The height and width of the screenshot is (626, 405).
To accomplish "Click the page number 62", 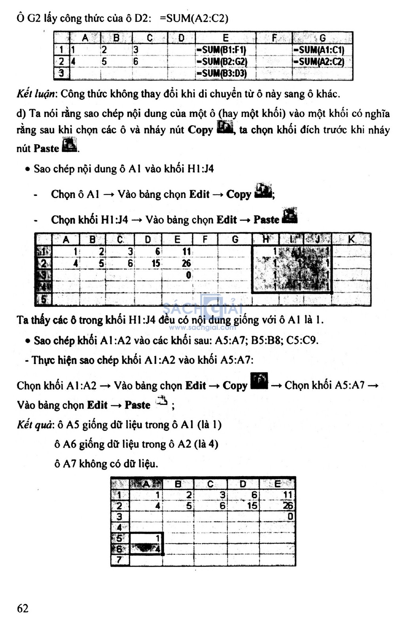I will tap(23, 608).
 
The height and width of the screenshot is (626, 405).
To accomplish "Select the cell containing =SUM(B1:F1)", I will tap(221, 50).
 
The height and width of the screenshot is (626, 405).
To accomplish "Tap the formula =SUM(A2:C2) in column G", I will tap(319, 62).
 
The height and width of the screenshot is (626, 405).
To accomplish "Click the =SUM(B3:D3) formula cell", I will tap(222, 74).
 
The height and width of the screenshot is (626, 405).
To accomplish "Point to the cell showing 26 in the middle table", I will tap(186, 263).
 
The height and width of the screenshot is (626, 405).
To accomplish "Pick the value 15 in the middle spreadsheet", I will tap(156, 263).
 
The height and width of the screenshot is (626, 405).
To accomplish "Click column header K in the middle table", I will tap(351, 239).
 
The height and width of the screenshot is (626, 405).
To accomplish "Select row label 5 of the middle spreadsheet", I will tap(44, 299).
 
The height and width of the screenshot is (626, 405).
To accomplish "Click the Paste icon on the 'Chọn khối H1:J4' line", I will tap(290, 216).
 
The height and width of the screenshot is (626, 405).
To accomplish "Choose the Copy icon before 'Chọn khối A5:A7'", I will tap(259, 381).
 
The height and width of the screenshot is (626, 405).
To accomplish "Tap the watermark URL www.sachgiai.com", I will tap(202, 327).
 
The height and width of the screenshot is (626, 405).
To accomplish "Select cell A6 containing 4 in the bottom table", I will tap(146, 549).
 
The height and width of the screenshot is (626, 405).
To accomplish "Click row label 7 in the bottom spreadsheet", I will tap(119, 560).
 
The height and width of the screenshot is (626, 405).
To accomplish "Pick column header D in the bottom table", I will tap(243, 484).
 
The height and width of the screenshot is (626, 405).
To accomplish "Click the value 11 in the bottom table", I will tap(287, 495).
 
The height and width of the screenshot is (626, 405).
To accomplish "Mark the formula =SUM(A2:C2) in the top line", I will tap(194, 19).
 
